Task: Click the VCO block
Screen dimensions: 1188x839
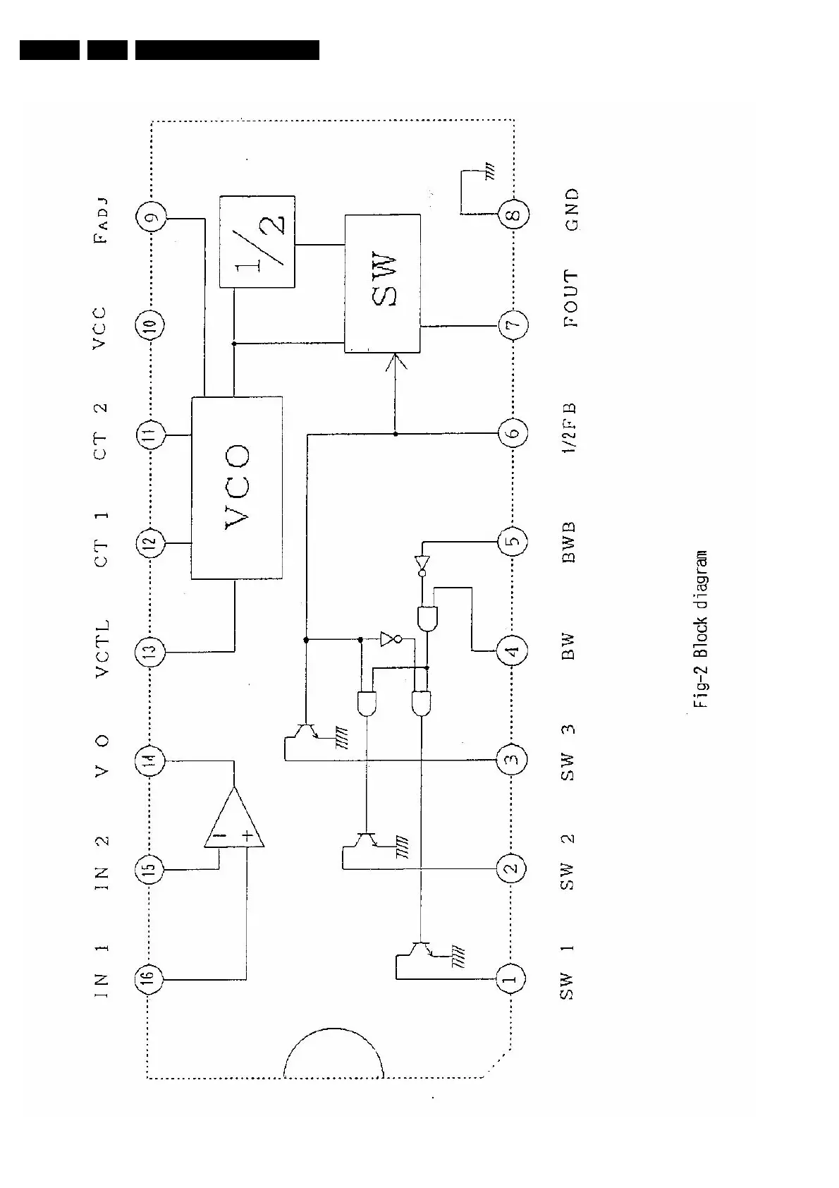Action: tap(237, 487)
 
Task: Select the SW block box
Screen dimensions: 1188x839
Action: tap(383, 284)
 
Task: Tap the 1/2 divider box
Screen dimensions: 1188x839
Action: tap(257, 242)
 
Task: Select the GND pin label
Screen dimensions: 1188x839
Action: tap(572, 210)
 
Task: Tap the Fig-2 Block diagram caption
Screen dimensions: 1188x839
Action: tap(699, 629)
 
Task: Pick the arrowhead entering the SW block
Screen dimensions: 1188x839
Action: tap(396, 363)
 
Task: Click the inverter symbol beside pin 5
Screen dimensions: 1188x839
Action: tap(422, 564)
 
